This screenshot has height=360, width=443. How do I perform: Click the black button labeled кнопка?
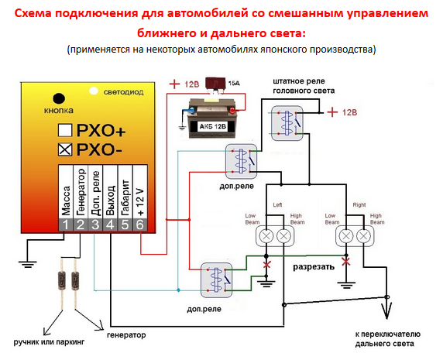point(59,98)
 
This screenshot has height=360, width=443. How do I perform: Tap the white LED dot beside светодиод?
point(94,91)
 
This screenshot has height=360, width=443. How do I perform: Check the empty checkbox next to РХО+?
point(65,130)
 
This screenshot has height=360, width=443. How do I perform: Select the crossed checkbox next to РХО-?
point(65,149)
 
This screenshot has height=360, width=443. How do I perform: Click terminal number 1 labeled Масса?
point(66,225)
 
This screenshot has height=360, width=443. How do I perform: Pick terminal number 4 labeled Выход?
point(110,225)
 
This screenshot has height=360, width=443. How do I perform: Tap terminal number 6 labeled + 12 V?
point(140,225)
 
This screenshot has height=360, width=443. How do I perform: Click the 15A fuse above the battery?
point(215,84)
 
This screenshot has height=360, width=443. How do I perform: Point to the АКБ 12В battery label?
point(212,126)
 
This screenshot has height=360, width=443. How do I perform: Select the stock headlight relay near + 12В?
point(287,123)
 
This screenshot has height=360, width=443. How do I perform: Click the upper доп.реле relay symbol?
point(242,162)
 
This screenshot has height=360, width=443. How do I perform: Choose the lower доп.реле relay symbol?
point(216,280)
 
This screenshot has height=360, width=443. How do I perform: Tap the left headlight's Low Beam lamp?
point(266,236)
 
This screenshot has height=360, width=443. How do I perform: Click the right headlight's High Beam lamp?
point(363,236)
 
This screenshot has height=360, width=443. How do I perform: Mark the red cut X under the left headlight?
point(266,265)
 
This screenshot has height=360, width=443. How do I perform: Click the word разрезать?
point(314,267)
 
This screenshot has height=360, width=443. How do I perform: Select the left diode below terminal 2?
point(62,281)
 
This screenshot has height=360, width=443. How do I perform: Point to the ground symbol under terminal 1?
point(27,264)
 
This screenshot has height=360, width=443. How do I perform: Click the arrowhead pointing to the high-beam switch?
point(386,310)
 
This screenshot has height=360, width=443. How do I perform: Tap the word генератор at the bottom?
point(126,335)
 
